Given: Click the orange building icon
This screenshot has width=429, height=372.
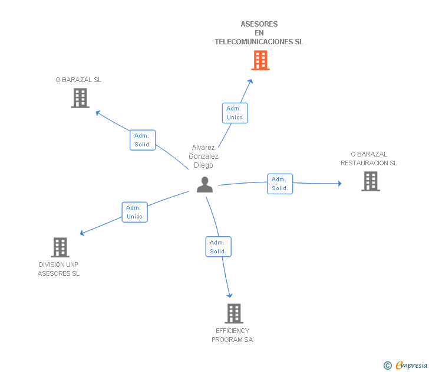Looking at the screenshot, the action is (260, 60).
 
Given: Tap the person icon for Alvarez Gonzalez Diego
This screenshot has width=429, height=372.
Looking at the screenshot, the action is (204, 184).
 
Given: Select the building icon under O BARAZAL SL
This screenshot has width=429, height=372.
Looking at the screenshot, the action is (80, 98).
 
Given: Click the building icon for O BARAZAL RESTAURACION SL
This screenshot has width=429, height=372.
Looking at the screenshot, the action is (371, 181).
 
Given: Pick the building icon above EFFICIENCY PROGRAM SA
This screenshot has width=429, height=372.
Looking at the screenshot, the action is (234, 314).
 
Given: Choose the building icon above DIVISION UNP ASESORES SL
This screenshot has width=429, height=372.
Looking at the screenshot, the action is (60, 247).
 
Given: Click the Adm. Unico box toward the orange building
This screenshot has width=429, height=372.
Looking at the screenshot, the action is (235, 113).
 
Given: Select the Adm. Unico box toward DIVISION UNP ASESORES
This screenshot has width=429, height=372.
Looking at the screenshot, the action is (134, 212).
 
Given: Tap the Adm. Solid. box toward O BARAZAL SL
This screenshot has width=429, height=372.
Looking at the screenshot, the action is (143, 140).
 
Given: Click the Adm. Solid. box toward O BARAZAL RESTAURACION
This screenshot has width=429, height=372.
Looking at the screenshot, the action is (280, 184).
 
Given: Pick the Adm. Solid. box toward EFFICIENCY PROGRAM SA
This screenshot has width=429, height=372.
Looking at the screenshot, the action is (218, 247).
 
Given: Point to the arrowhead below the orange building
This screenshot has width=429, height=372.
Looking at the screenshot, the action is (250, 81).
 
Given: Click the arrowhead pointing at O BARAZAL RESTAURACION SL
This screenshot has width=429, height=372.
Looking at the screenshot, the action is (339, 184).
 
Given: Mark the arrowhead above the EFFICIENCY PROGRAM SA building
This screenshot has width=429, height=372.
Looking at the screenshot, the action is (230, 295).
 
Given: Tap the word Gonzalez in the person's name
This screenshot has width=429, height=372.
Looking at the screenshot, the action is (203, 156).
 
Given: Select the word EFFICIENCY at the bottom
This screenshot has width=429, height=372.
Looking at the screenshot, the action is (233, 331).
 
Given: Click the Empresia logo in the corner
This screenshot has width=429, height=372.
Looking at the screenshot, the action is (405, 365).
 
